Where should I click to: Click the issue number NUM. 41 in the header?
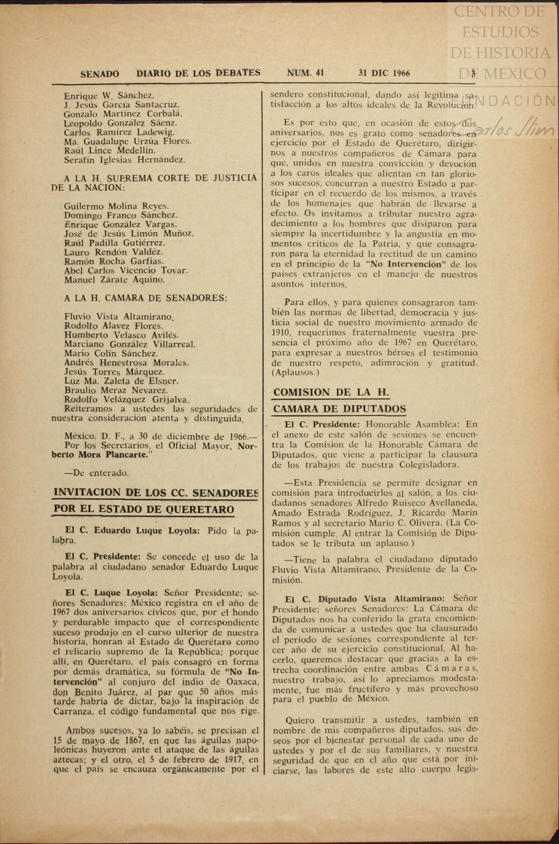(x=305, y=73)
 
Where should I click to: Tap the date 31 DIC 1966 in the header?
(x=384, y=73)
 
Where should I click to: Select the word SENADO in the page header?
(x=100, y=74)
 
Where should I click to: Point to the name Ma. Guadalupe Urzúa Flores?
(x=127, y=141)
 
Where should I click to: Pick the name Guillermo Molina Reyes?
(x=116, y=206)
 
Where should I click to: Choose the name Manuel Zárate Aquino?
(x=114, y=280)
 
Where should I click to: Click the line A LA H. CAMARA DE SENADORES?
(x=145, y=298)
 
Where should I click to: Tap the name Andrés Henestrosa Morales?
(x=126, y=363)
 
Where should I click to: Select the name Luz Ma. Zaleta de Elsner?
(x=121, y=381)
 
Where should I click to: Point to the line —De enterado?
(x=96, y=473)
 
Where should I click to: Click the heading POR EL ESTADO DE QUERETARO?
(x=144, y=509)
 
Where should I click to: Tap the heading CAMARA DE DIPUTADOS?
(x=339, y=409)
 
